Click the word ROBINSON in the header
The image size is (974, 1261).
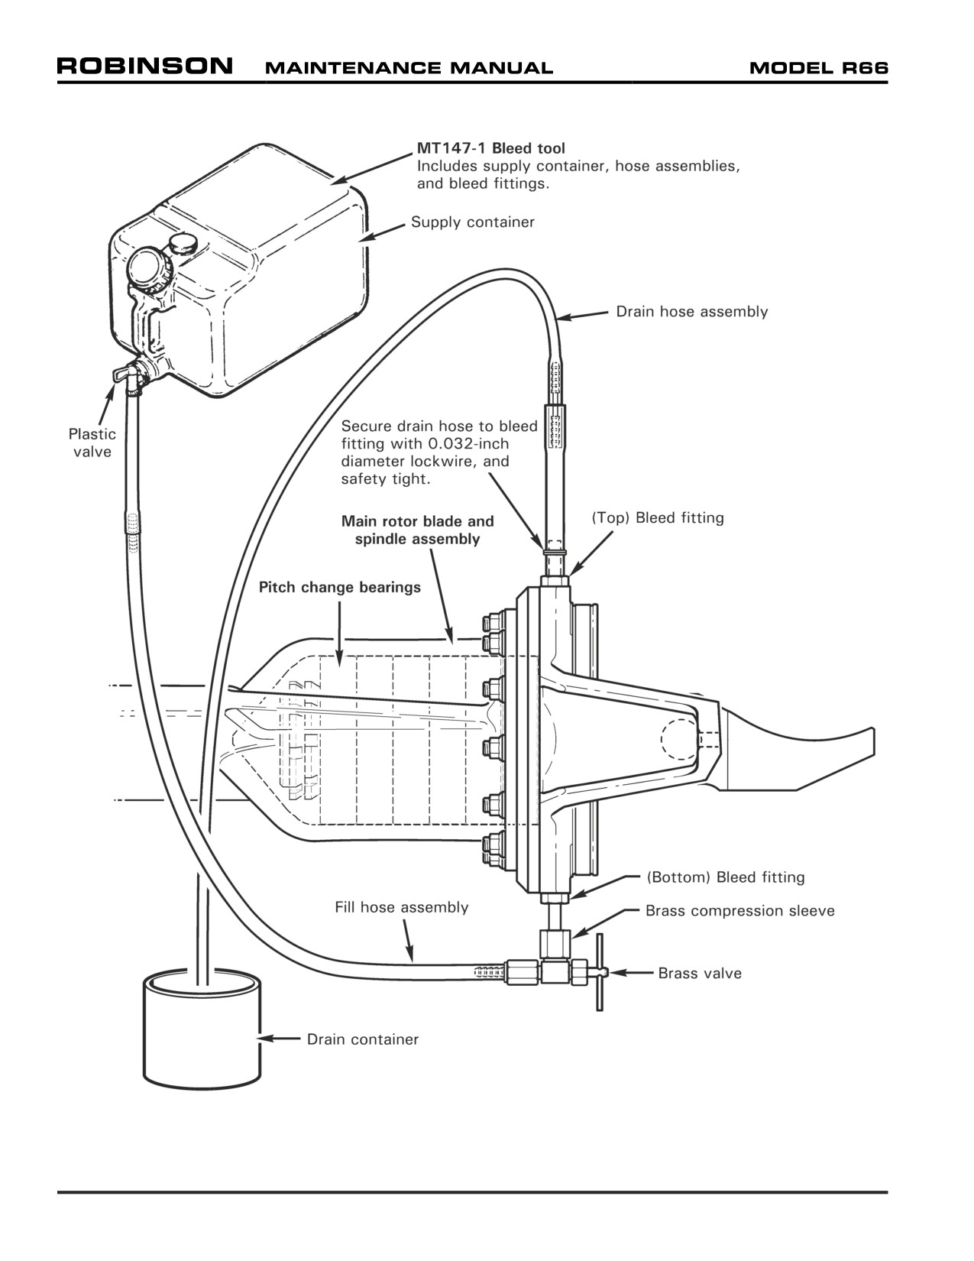(x=144, y=66)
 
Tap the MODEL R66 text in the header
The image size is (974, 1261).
(x=818, y=68)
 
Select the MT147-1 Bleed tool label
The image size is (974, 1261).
(x=490, y=148)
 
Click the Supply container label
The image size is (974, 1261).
(x=473, y=222)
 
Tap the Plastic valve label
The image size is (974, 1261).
(x=92, y=442)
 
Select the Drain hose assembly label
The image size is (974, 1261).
(x=691, y=313)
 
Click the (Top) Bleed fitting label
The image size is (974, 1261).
(x=658, y=517)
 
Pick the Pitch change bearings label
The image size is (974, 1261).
(x=339, y=587)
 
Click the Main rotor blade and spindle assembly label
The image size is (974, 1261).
(x=418, y=530)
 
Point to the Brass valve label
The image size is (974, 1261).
(x=700, y=973)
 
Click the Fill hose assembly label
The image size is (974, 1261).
(x=401, y=908)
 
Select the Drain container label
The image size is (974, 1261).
(x=363, y=1039)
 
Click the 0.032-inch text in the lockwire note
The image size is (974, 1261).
(x=468, y=444)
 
